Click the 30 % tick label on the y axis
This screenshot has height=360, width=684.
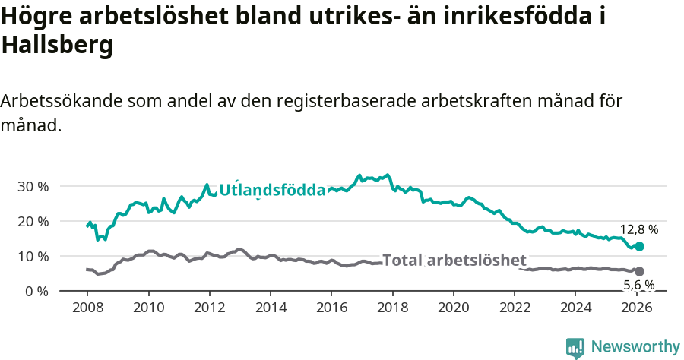click(x=33, y=186)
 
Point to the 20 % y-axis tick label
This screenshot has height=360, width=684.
click(x=33, y=221)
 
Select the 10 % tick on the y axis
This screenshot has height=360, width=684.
click(x=33, y=256)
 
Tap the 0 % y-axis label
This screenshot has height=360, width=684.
click(x=36, y=291)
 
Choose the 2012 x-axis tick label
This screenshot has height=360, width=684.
click(x=209, y=308)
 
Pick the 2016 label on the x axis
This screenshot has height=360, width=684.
click(x=331, y=308)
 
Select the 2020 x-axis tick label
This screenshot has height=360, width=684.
click(x=453, y=308)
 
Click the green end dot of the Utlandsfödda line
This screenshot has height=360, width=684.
click(x=640, y=246)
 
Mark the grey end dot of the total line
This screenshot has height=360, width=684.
click(x=639, y=271)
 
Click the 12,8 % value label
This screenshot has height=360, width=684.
click(x=638, y=229)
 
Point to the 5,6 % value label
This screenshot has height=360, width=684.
click(x=638, y=285)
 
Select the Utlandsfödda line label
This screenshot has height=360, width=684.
click(x=272, y=190)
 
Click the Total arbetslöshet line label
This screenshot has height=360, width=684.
click(x=454, y=261)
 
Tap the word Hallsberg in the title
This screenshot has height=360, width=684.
click(x=57, y=46)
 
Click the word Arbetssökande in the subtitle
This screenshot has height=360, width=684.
click(x=62, y=101)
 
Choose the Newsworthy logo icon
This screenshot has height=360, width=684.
click(x=575, y=347)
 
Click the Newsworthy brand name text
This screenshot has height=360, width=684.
click(x=635, y=347)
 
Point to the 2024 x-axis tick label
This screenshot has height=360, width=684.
click(x=575, y=308)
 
